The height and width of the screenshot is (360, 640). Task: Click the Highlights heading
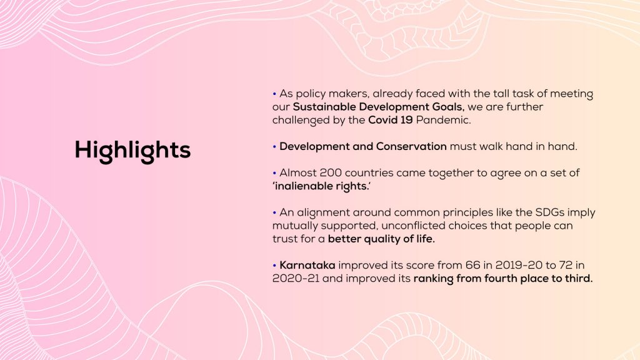pyautogui.click(x=132, y=150)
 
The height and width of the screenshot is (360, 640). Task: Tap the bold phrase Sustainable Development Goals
pyautogui.click(x=379, y=107)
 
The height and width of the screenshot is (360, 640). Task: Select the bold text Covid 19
pyautogui.click(x=390, y=120)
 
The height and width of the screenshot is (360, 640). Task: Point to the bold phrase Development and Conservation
pyautogui.click(x=363, y=146)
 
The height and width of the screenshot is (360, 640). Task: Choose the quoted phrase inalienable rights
pyautogui.click(x=322, y=186)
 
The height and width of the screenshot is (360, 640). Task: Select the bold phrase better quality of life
pyautogui.click(x=381, y=239)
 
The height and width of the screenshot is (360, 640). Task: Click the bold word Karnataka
pyautogui.click(x=307, y=265)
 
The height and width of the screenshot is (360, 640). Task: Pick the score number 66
pyautogui.click(x=472, y=265)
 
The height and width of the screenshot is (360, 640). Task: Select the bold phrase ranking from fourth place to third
pyautogui.click(x=503, y=279)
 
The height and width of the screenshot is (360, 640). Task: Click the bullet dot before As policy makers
pyautogui.click(x=274, y=94)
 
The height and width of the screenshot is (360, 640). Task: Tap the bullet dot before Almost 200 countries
pyautogui.click(x=274, y=173)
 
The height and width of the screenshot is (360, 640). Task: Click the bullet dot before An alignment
pyautogui.click(x=274, y=212)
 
